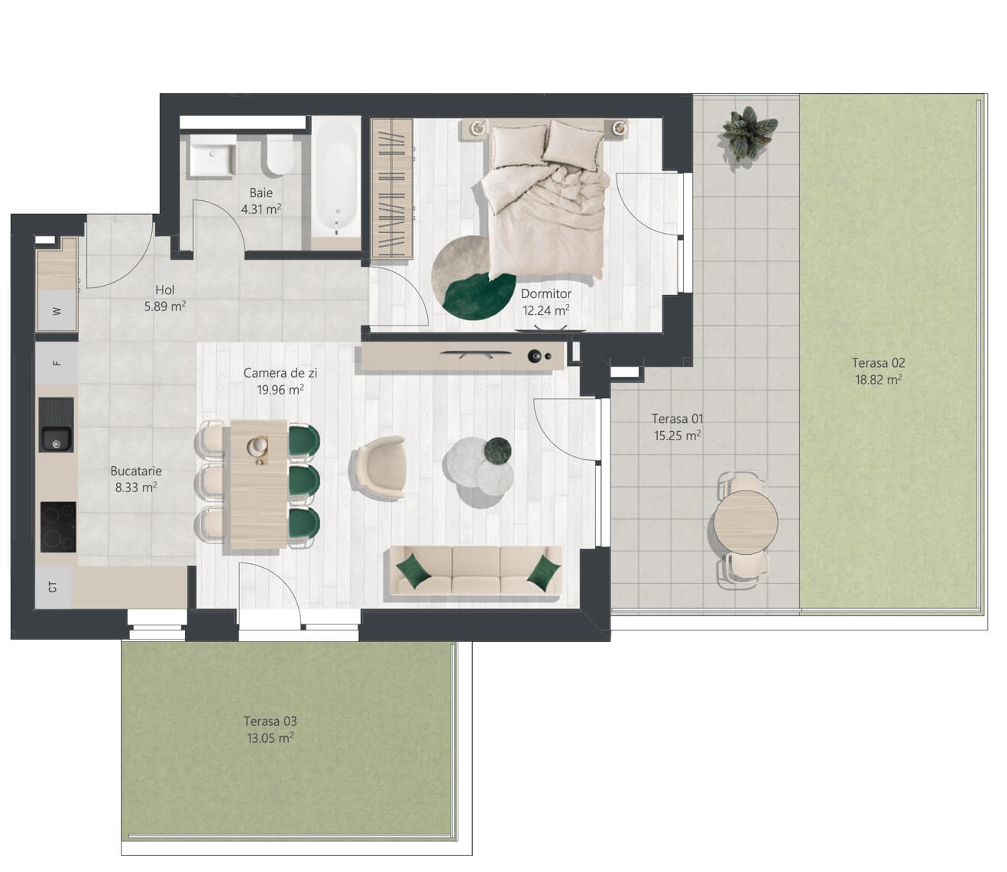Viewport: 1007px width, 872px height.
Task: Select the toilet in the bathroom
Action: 279,155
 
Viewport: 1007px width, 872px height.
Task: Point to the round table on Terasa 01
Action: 745,521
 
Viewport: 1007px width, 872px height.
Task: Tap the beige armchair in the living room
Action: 379,467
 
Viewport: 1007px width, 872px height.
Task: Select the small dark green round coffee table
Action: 497,449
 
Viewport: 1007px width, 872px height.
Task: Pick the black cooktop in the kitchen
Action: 58,527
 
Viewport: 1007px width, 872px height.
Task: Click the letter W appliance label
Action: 57,311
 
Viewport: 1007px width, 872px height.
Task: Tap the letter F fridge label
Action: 57,363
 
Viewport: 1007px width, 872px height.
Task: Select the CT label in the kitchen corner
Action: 53,587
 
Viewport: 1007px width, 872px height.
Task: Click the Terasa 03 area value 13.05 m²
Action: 270,738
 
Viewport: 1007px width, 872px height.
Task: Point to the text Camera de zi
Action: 280,373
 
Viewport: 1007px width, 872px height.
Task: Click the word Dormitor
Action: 546,293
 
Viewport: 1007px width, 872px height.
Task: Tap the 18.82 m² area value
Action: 879,380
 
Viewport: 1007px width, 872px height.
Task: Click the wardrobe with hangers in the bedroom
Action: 392,188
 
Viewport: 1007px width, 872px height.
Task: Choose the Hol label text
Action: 165,290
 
